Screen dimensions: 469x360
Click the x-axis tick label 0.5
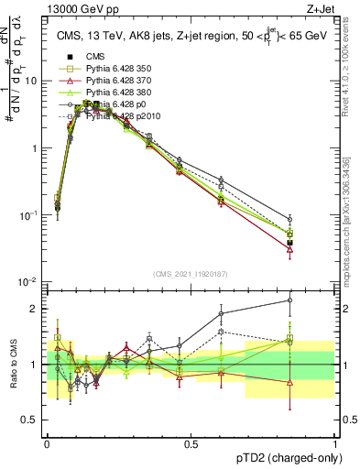point(191,443)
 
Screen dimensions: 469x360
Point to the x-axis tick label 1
point(334,443)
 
